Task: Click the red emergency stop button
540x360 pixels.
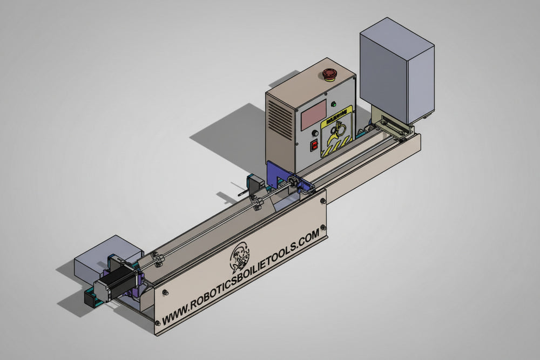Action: [x=329, y=74]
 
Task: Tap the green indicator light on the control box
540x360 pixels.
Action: [x=333, y=105]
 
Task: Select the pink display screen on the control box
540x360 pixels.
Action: [x=313, y=114]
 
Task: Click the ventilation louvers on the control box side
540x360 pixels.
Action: [x=279, y=119]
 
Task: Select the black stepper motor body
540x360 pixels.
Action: [x=114, y=283]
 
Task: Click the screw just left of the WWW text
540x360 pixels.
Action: [x=158, y=323]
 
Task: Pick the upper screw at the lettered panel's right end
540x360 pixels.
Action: [x=323, y=201]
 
